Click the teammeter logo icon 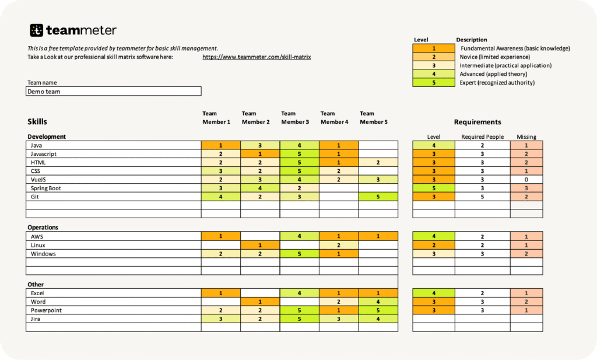click(x=37, y=30)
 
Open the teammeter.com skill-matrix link click(x=257, y=57)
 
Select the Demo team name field click(x=114, y=92)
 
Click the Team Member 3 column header click(x=295, y=117)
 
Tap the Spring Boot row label click(x=46, y=188)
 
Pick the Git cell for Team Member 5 click(x=378, y=197)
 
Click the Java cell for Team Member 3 click(x=299, y=145)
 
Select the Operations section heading click(x=43, y=228)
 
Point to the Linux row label click(x=38, y=245)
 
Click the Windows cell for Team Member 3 click(x=299, y=254)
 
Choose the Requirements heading click(x=477, y=122)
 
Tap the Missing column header click(x=526, y=137)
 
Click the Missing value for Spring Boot click(x=526, y=188)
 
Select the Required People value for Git click(x=482, y=197)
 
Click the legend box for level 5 click(x=433, y=83)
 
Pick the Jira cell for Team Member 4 click(x=339, y=319)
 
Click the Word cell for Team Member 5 click(x=378, y=302)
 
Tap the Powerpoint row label click(x=47, y=310)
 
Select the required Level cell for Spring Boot click(x=433, y=188)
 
